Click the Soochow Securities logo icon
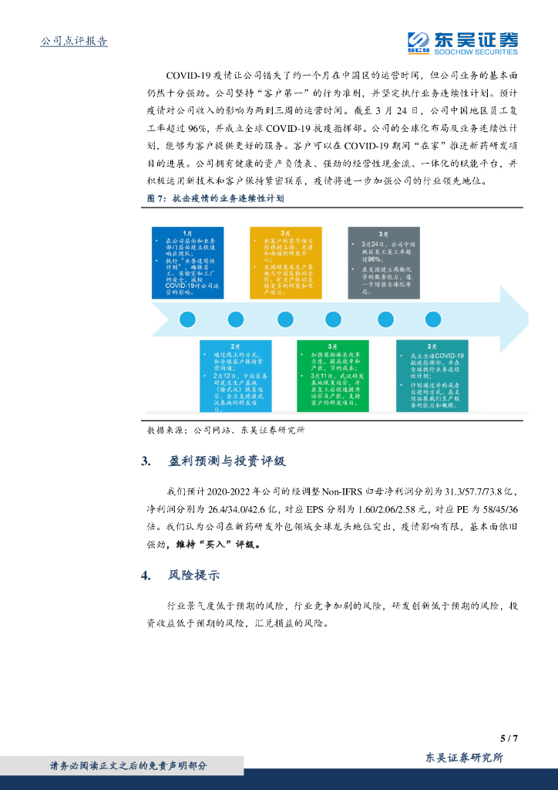pos(419,42)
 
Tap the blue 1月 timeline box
pos(187,263)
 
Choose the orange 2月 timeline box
pos(285,263)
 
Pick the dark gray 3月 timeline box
pos(383,263)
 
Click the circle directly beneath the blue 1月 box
pos(187,319)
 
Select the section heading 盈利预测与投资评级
pos(227,461)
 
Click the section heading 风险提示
pos(194,576)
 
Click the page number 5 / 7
pos(509,738)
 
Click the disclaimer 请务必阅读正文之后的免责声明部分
pos(129,765)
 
